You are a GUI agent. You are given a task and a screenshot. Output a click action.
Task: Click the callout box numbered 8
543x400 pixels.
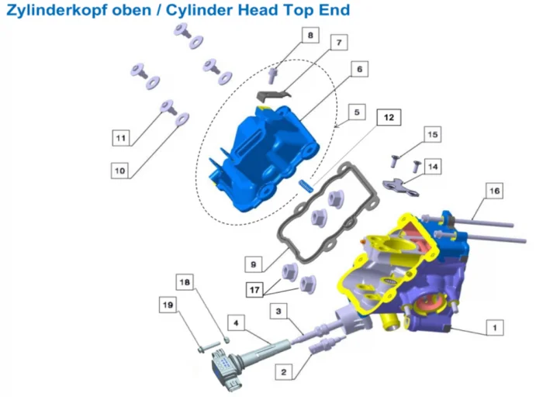point(310,35)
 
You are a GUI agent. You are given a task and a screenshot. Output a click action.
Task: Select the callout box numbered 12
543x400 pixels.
point(389,117)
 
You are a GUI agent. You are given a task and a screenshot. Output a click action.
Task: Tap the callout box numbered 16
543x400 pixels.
point(494,191)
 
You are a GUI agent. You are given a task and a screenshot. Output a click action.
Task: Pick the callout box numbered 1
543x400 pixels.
point(495,327)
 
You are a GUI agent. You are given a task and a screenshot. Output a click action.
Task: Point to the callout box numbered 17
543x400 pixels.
point(254,289)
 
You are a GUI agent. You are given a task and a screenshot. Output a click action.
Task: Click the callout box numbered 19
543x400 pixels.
point(168,305)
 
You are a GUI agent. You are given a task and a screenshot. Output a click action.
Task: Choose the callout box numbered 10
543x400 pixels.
point(119,171)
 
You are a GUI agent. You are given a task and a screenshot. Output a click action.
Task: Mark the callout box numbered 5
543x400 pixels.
point(357,112)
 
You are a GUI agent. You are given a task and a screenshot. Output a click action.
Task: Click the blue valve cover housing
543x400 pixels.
point(263,159)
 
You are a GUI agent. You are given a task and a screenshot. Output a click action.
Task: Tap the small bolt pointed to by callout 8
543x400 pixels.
point(272,76)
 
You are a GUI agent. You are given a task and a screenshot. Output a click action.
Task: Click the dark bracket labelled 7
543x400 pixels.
point(273,95)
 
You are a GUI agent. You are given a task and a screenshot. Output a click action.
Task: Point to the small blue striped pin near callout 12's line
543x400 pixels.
point(306,186)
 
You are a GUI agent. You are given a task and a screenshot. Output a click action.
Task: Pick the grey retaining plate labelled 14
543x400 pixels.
point(401,188)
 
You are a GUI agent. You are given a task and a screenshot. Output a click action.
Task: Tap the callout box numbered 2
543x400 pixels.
point(284,372)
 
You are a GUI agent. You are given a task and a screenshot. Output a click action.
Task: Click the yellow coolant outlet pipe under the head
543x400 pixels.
point(390,322)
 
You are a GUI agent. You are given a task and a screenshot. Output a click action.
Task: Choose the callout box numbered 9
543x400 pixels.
point(254,264)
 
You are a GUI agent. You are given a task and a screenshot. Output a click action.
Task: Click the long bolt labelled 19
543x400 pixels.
point(209,347)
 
